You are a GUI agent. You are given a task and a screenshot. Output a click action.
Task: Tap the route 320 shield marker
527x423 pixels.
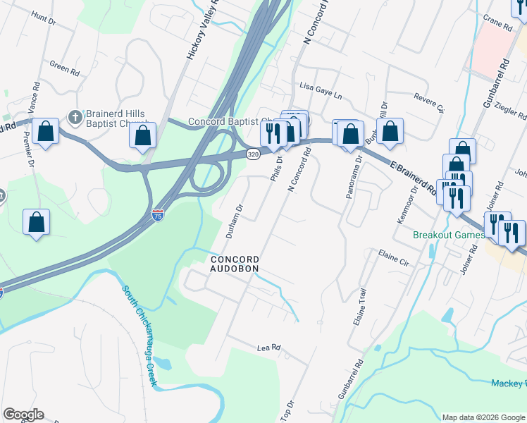point(253,152)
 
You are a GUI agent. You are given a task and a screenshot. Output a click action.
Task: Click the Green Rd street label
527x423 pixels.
point(64,68)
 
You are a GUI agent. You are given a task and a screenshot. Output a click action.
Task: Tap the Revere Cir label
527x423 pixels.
point(430,103)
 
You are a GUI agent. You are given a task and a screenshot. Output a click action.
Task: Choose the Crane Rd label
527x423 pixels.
point(497,23)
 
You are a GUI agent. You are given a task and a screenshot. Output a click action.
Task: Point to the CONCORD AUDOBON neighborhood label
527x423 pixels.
point(235,264)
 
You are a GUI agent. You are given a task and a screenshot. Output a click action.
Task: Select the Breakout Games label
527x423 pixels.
point(448,235)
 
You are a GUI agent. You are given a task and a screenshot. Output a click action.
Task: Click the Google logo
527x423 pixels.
point(23,415)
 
